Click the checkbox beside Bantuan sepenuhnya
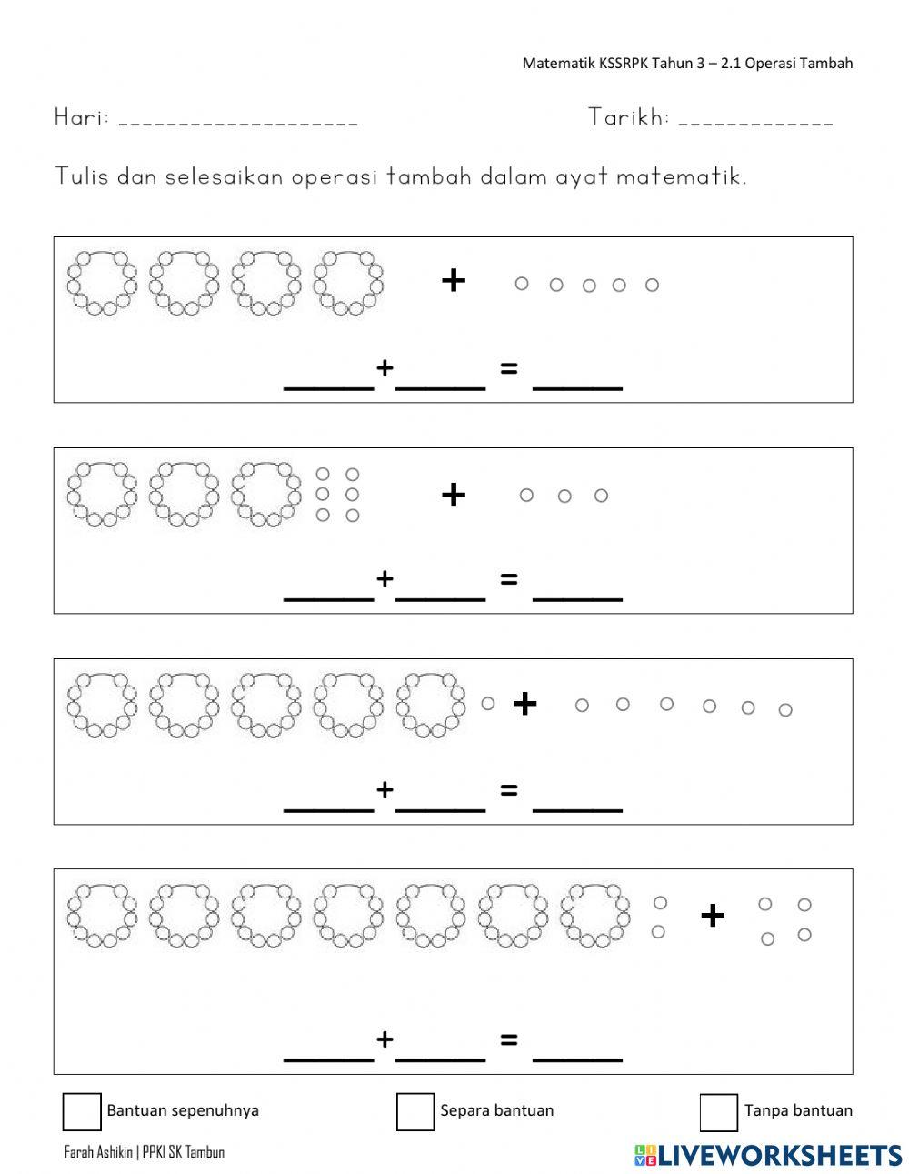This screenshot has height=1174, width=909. point(82,1111)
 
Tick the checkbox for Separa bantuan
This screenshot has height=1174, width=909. point(415,1111)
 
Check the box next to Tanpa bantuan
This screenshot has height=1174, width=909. point(718,1111)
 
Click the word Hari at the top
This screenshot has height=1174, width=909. point(81,117)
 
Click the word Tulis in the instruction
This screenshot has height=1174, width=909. point(82,176)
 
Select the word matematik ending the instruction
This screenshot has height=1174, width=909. point(680,176)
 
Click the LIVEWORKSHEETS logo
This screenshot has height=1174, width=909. point(768,1155)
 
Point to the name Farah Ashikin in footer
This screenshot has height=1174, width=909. point(100,1152)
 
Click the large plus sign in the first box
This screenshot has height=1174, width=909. point(453,281)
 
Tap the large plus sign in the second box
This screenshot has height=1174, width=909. point(453,495)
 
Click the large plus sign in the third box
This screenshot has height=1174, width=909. point(524,703)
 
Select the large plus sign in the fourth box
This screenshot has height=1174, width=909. point(713,916)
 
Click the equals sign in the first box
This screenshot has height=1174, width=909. point(509,368)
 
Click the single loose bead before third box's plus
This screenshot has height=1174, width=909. point(488,703)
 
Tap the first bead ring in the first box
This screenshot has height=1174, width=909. point(102,282)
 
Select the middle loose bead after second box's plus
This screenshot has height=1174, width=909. point(564,496)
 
